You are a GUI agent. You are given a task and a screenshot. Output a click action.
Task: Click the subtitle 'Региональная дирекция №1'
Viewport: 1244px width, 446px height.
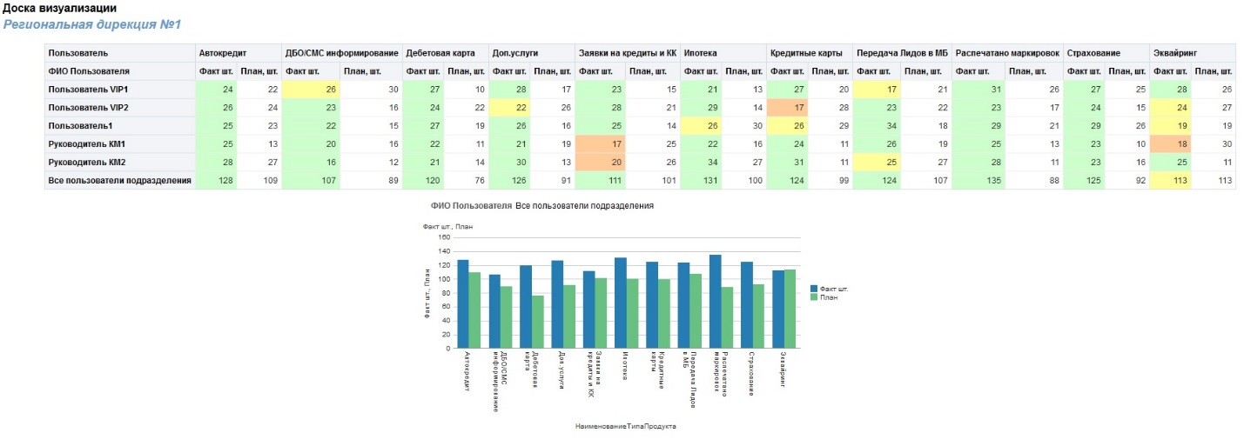click(91, 24)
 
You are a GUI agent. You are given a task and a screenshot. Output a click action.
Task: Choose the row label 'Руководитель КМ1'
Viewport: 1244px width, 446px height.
click(87, 143)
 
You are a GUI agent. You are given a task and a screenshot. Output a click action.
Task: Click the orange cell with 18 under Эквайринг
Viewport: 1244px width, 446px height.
click(1170, 143)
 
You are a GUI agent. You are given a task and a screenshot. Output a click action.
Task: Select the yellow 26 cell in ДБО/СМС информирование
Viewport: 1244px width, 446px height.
click(310, 90)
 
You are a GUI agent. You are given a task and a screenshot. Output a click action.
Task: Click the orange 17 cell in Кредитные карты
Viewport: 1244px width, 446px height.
click(789, 108)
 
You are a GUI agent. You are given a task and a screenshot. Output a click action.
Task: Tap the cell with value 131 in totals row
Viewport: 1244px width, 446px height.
click(702, 180)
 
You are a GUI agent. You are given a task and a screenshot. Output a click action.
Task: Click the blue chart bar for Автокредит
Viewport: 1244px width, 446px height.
click(463, 304)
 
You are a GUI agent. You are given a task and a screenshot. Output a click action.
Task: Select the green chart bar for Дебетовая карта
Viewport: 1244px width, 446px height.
click(538, 322)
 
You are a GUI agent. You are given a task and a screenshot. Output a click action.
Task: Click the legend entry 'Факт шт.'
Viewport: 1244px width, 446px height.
click(833, 288)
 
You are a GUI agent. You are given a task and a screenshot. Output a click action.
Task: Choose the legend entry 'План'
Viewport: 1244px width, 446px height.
click(828, 296)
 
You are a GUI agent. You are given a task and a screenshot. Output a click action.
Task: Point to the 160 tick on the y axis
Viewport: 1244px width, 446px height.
click(444, 237)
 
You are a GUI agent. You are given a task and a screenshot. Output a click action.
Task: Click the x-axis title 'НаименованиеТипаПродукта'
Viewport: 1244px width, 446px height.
click(625, 427)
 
